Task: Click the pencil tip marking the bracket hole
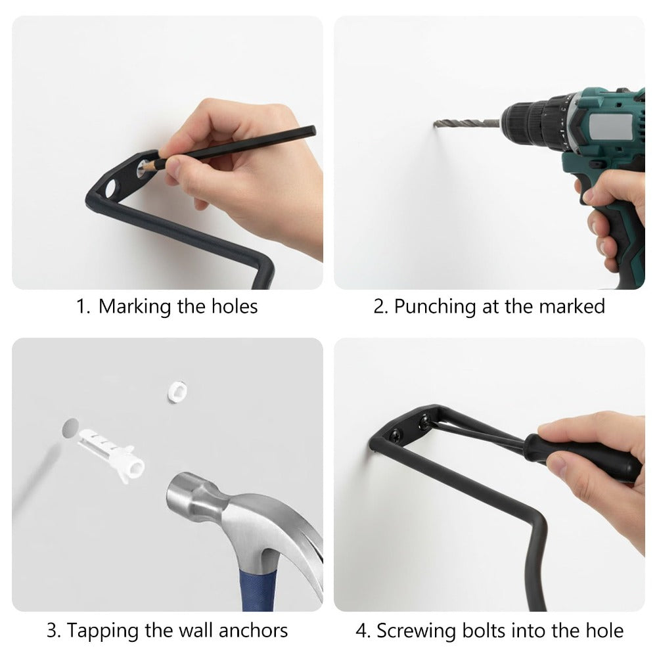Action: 143,167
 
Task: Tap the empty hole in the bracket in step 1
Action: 111,188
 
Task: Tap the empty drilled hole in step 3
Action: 70,428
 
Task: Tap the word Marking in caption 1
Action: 135,306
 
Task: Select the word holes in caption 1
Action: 235,306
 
